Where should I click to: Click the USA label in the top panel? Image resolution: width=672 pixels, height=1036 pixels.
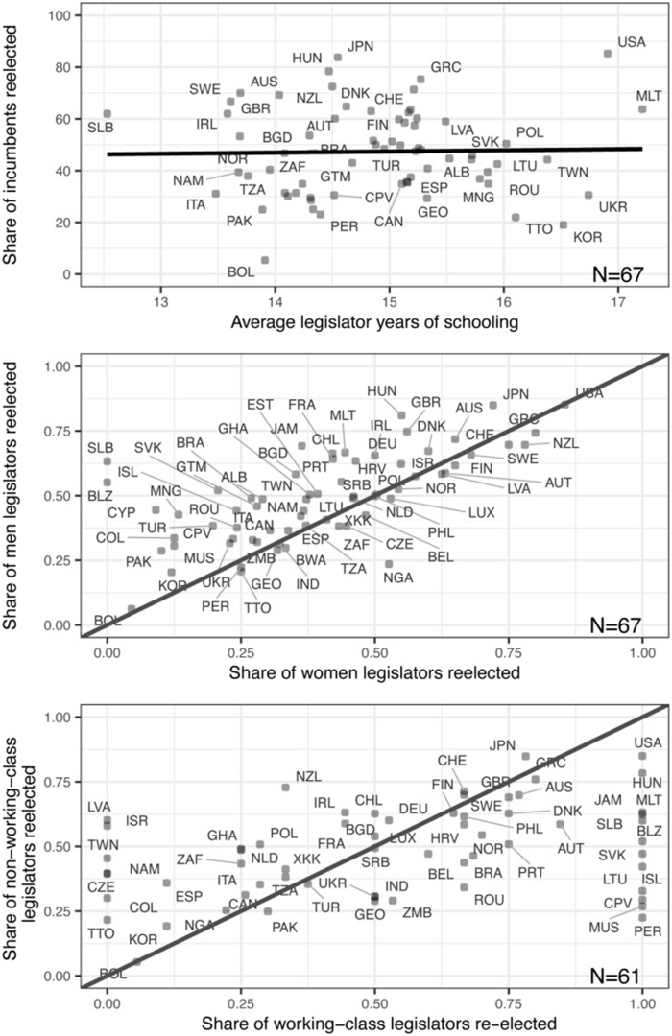point(632,41)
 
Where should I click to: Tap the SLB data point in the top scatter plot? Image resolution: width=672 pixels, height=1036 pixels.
point(108,114)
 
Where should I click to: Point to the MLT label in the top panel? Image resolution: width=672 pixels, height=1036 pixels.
point(649,95)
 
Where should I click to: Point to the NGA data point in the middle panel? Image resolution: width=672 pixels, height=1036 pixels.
point(389,564)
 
